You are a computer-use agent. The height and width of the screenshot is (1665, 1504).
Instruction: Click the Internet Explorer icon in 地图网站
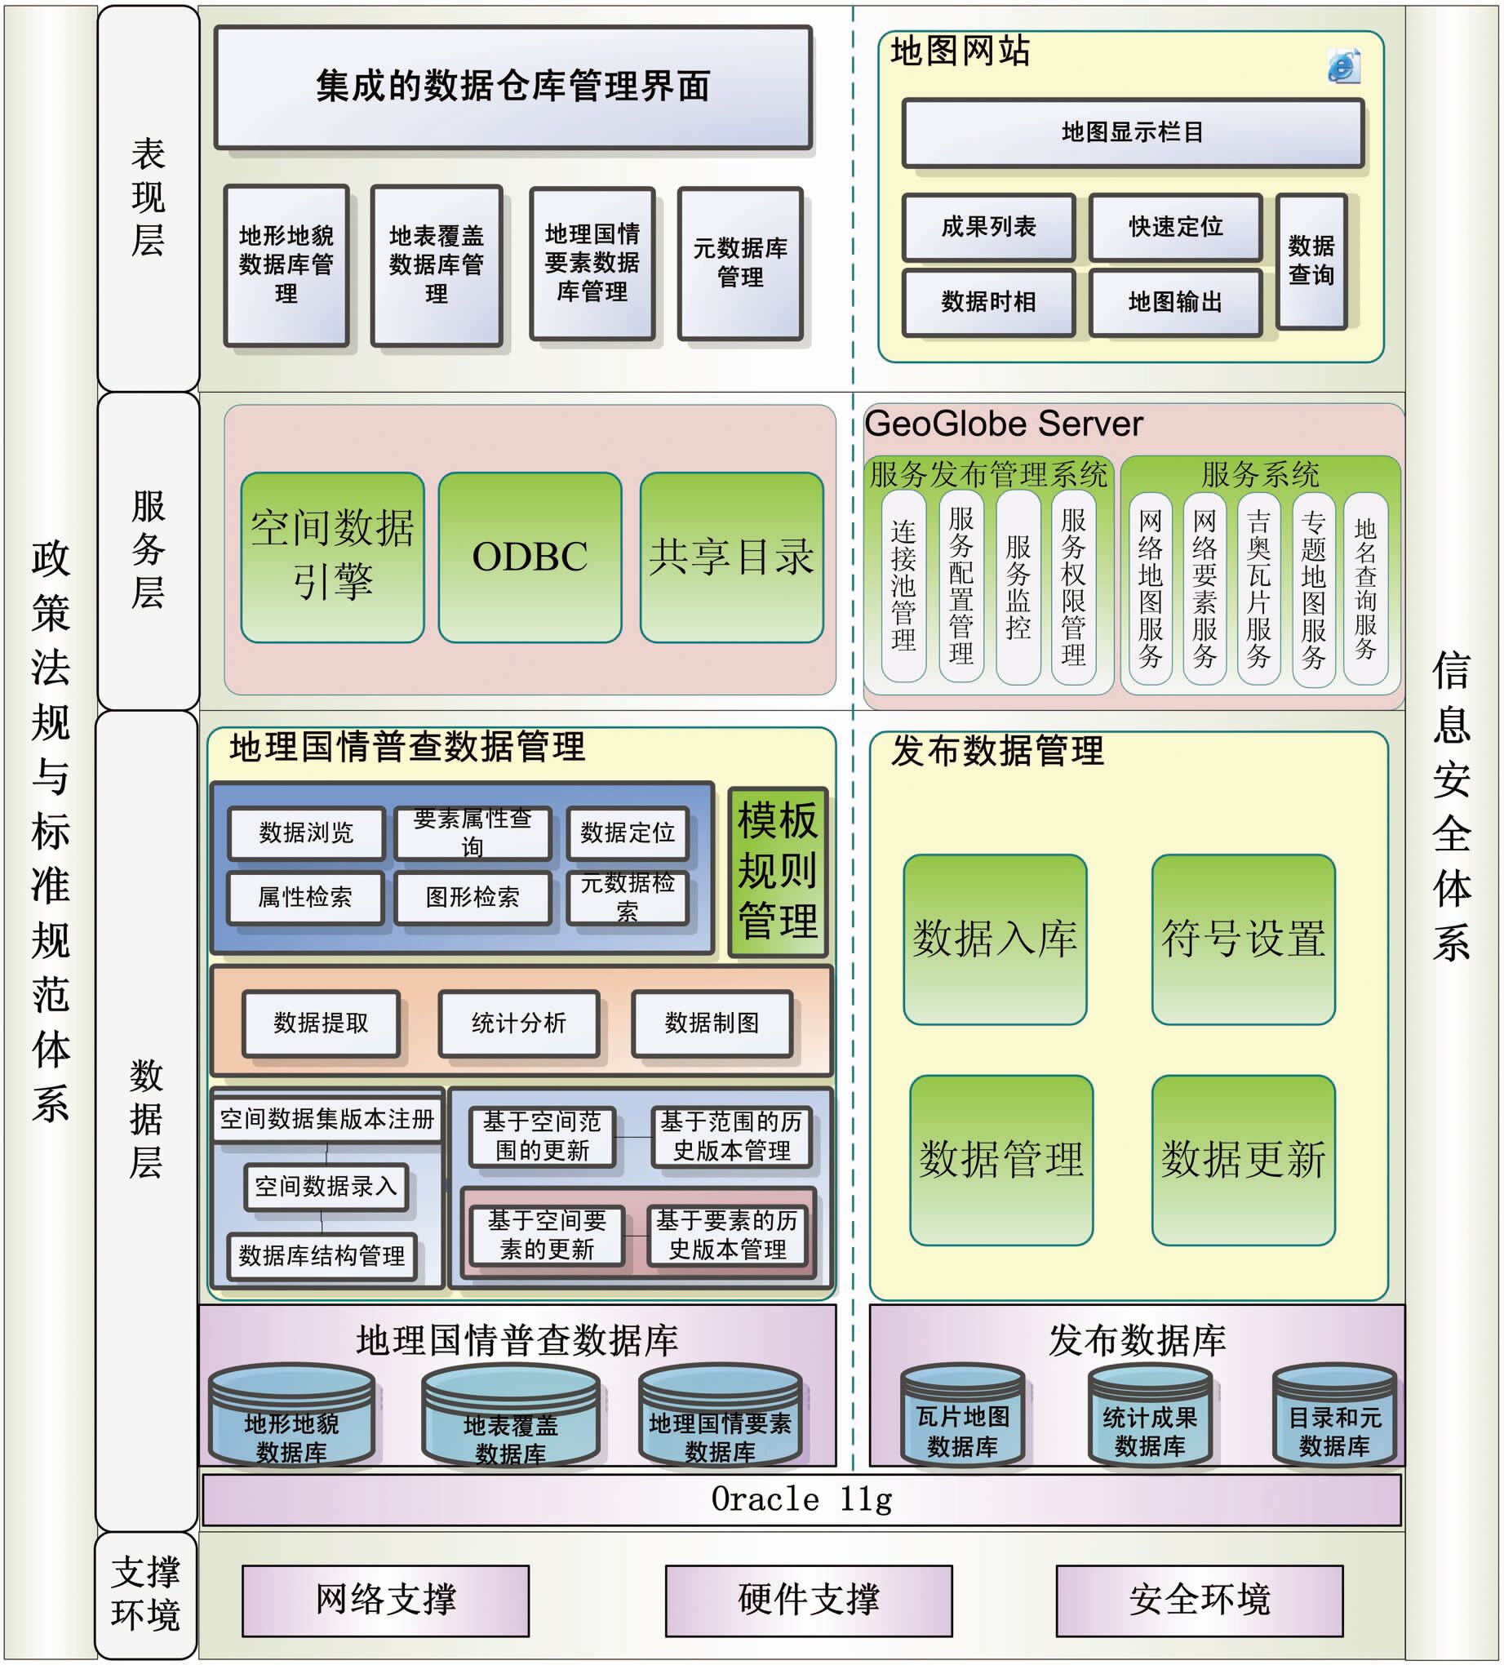(x=1343, y=67)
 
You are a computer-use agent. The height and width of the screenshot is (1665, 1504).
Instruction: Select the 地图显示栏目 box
(x=1133, y=133)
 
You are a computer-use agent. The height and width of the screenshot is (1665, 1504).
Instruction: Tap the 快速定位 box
(x=1175, y=227)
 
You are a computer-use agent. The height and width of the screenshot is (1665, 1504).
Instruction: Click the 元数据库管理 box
(x=740, y=264)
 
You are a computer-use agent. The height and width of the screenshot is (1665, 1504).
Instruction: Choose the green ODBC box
(x=530, y=557)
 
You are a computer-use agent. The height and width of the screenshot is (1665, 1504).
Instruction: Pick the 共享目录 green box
(x=732, y=557)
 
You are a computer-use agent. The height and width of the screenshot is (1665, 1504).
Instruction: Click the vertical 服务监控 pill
(x=1018, y=587)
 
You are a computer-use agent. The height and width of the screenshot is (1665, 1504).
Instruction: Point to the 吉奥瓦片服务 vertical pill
(x=1258, y=588)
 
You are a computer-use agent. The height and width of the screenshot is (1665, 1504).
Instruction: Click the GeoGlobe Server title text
(x=1004, y=424)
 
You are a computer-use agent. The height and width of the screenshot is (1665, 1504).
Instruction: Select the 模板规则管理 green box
(x=777, y=872)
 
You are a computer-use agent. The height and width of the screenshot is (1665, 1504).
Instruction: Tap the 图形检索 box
(x=472, y=898)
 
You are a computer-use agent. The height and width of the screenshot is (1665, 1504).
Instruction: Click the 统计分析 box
(x=519, y=1024)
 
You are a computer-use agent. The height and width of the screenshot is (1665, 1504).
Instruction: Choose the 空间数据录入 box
(x=326, y=1187)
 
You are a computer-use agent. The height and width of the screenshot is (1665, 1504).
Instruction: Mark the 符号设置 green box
(x=1243, y=940)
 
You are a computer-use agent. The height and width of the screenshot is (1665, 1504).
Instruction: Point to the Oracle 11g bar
(x=801, y=1500)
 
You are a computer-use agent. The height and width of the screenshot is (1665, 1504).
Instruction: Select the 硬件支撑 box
(x=809, y=1601)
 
